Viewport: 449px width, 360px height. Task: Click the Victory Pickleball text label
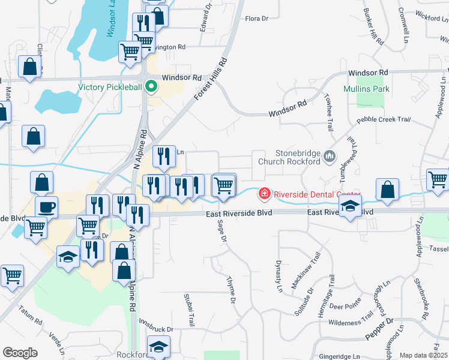pyautogui.click(x=110, y=87)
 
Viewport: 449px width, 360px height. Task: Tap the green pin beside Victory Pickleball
pyautogui.click(x=151, y=87)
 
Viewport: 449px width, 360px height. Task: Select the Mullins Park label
pyautogui.click(x=366, y=89)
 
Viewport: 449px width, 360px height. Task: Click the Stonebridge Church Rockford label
pyautogui.click(x=289, y=157)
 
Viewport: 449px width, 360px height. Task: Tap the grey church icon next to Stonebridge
pyautogui.click(x=330, y=157)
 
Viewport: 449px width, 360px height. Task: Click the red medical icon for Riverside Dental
pyautogui.click(x=264, y=194)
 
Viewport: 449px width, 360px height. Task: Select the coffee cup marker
pyautogui.click(x=47, y=208)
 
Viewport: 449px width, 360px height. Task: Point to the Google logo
pyautogui.click(x=20, y=353)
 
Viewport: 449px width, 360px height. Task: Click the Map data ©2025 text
pyautogui.click(x=423, y=355)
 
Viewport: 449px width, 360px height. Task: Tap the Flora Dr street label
pyautogui.click(x=256, y=19)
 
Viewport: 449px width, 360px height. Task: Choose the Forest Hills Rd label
pyautogui.click(x=212, y=79)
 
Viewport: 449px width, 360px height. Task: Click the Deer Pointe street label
pyautogui.click(x=345, y=305)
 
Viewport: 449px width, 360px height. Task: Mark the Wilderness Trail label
pyautogui.click(x=351, y=322)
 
